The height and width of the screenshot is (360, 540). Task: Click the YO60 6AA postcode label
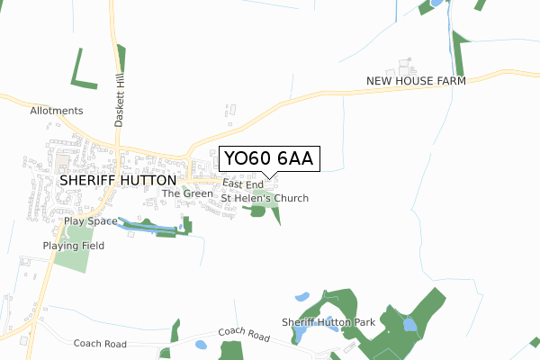267,159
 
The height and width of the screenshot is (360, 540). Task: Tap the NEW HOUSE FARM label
416,81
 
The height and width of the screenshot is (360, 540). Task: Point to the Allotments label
56,111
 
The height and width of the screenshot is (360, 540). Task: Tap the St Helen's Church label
265,198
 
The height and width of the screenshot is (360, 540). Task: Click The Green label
187,193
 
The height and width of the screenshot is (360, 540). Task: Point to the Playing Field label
73,246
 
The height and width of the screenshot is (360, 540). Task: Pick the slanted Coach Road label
243,335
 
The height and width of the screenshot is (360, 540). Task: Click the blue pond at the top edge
436,3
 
